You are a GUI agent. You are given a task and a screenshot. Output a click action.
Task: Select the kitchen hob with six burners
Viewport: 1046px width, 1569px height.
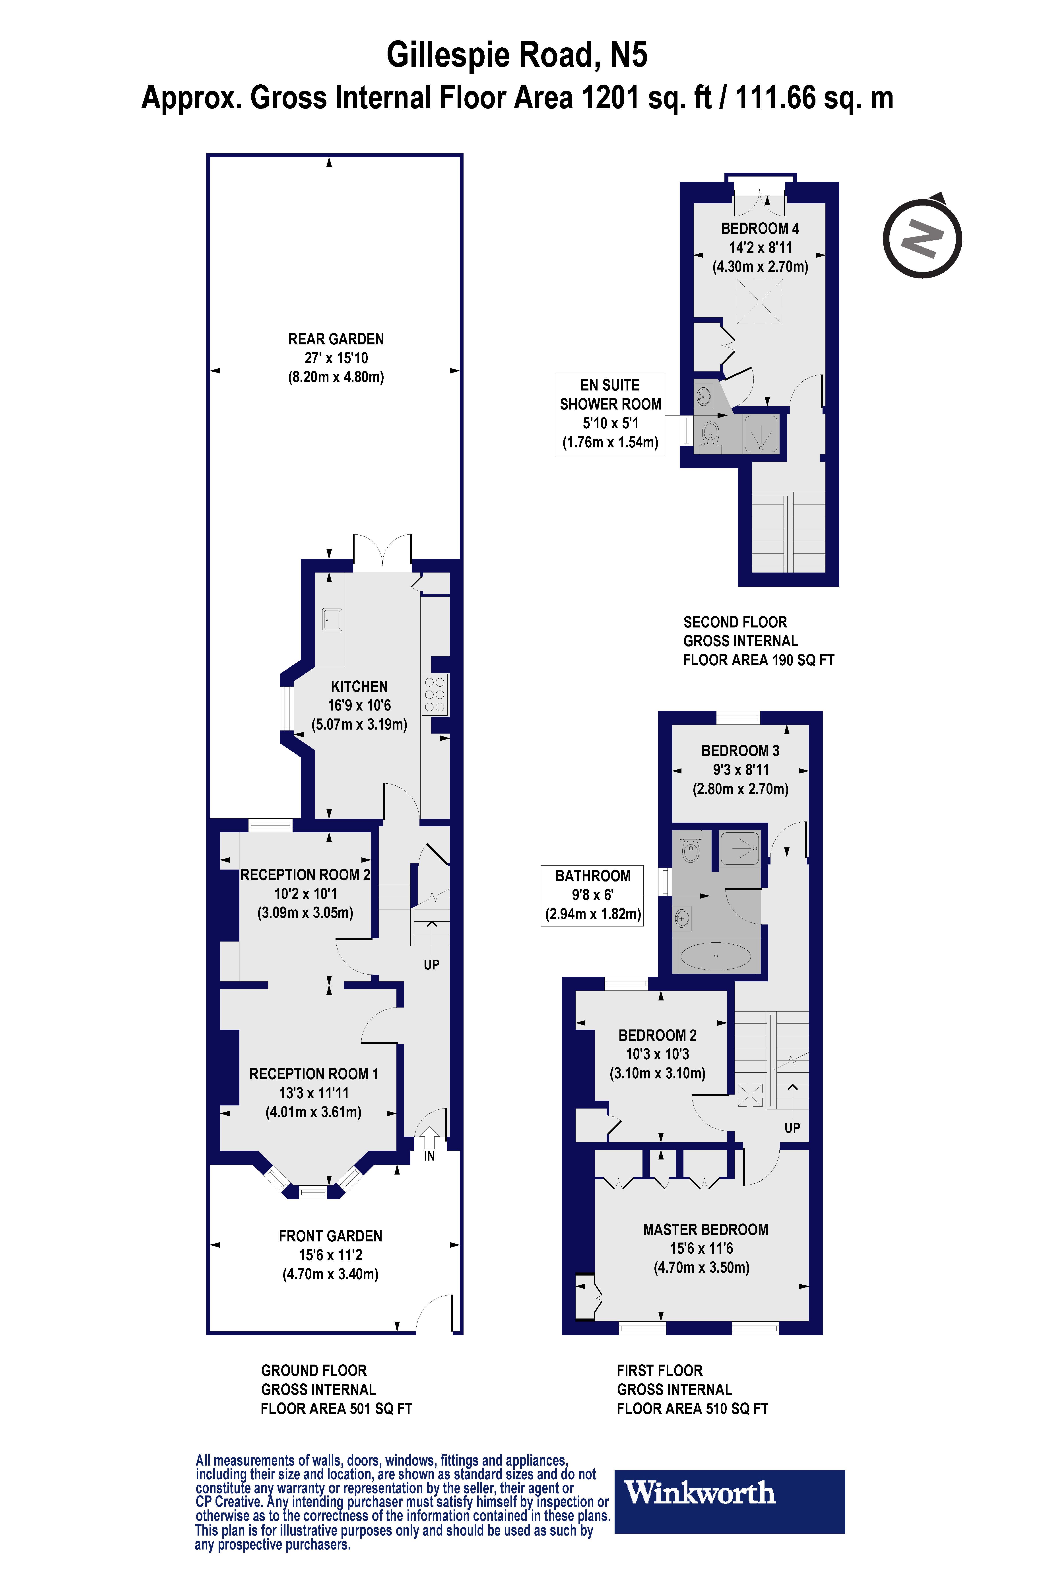point(434,694)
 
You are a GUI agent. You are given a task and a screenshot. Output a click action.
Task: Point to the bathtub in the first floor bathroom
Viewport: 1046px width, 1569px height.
point(715,956)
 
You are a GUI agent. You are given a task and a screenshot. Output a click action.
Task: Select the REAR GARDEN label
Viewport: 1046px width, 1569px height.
point(336,339)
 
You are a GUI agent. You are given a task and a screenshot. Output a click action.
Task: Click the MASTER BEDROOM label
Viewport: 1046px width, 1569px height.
point(705,1229)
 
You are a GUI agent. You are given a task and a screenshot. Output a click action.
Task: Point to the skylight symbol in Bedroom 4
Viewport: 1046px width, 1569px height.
point(759,301)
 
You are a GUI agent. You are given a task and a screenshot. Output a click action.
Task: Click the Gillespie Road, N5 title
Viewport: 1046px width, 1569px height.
point(517,55)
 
